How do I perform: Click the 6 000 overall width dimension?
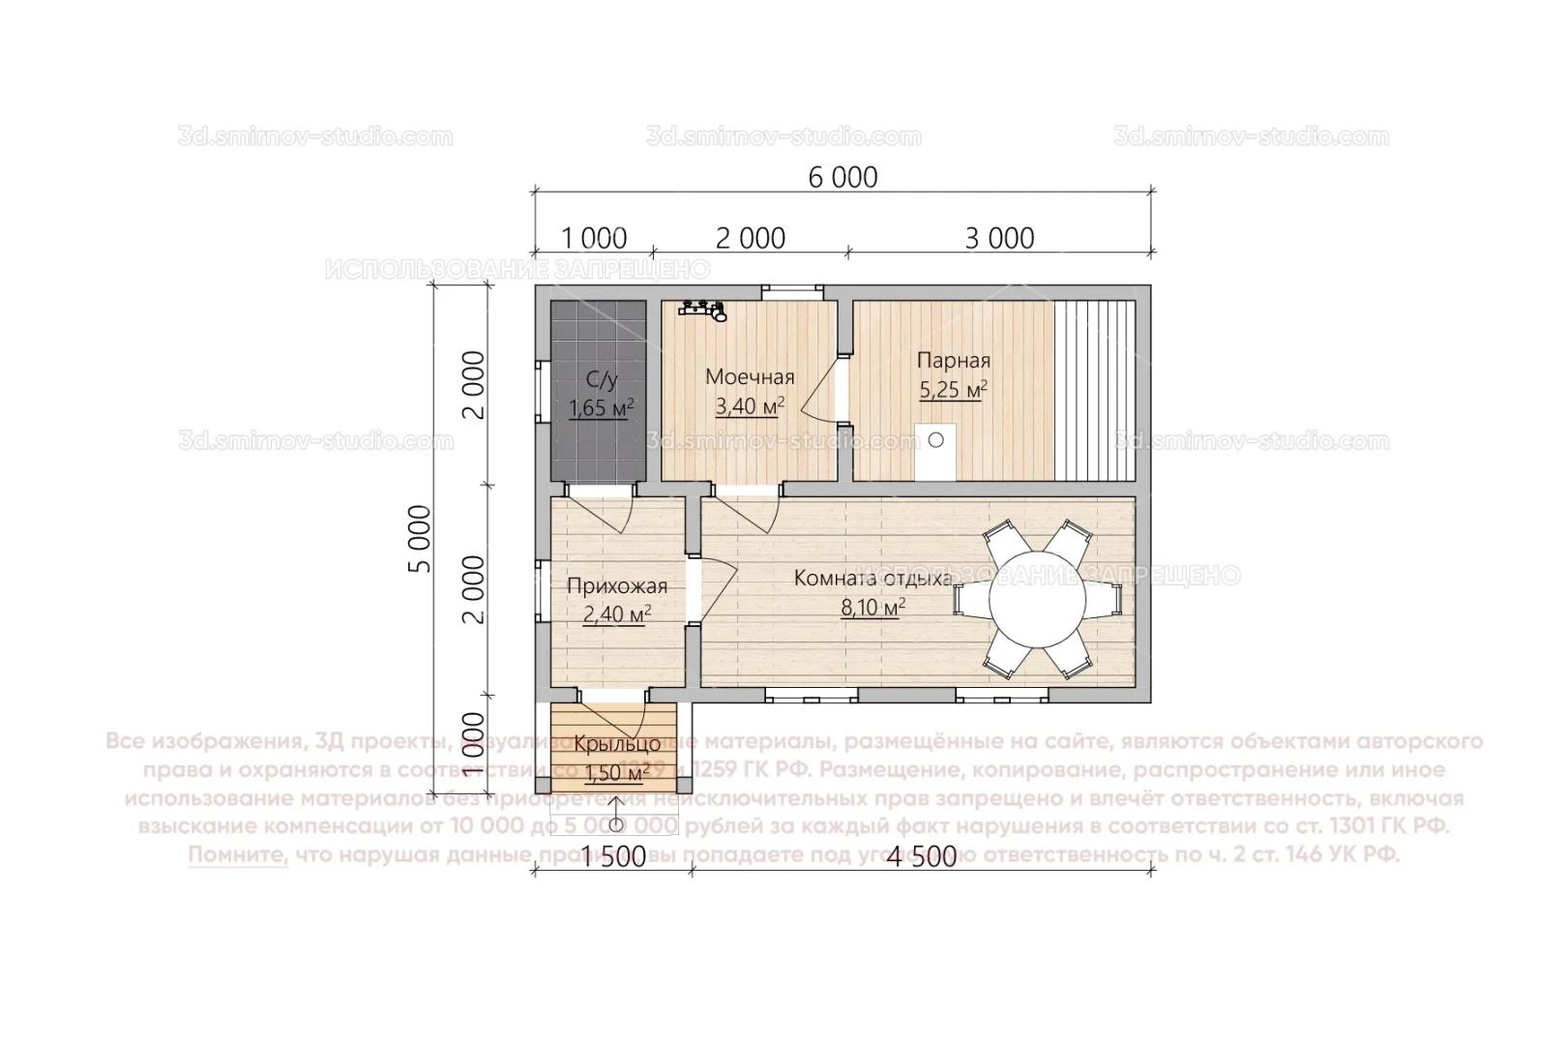842,177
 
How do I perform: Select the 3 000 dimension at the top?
999,238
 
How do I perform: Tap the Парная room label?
953,361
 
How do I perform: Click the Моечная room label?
750,376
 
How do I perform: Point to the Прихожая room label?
617,585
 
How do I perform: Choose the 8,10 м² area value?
872,608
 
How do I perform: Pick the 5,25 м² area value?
953,390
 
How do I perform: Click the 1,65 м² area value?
601,407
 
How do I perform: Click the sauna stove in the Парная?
935,451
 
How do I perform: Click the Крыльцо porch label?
617,744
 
